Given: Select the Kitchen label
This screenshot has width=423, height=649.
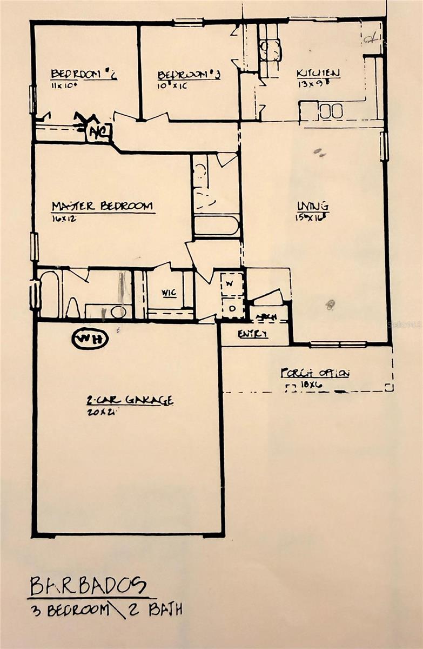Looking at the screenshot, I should pyautogui.click(x=318, y=73).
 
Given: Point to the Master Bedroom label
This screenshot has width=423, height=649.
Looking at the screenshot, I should pyautogui.click(x=102, y=206).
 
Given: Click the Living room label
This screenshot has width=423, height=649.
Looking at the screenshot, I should pyautogui.click(x=313, y=206).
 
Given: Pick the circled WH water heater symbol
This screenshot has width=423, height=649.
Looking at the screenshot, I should pyautogui.click(x=90, y=339).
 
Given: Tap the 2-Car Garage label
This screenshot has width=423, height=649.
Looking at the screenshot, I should pyautogui.click(x=130, y=400).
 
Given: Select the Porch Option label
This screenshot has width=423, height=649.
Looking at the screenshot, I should pyautogui.click(x=315, y=373).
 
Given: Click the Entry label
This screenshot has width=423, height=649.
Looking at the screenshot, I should pyautogui.click(x=253, y=334).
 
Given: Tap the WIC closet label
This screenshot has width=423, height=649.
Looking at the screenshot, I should pyautogui.click(x=169, y=293).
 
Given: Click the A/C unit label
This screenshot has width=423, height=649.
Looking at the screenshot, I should pyautogui.click(x=99, y=131).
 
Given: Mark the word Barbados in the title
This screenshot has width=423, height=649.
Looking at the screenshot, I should pyautogui.click(x=88, y=585).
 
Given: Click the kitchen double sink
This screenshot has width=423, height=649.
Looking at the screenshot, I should pyautogui.click(x=331, y=111).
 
